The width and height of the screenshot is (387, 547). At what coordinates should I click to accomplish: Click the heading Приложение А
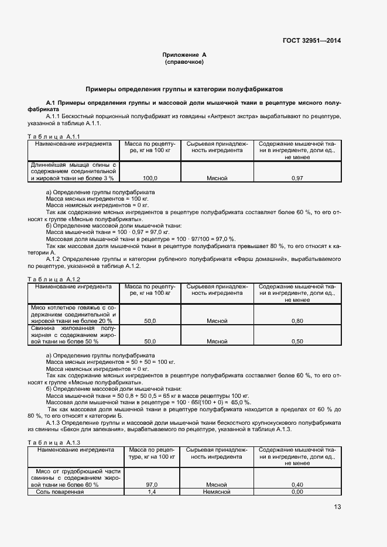pos(184,54)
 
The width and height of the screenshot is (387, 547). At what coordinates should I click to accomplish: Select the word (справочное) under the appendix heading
pos(184,61)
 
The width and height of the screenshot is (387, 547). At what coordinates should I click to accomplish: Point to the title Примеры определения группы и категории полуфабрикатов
pos(184,90)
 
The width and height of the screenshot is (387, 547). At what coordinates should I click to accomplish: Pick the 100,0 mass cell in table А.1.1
pos(150,177)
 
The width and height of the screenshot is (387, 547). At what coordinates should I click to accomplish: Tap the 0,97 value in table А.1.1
pos(297,177)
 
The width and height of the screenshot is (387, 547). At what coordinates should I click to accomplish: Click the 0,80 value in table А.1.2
pos(297,321)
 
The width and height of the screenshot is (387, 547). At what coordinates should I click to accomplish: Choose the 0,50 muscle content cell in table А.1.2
pos(297,341)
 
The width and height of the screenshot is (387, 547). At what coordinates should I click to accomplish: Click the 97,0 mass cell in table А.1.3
pos(150,484)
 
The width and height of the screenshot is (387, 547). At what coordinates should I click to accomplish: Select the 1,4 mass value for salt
pos(150,491)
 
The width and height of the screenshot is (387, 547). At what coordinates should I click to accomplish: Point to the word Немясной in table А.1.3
pos(217,491)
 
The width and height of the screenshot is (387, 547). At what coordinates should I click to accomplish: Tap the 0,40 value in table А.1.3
pos(297,484)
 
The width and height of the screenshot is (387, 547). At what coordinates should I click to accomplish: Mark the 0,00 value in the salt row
pos(297,491)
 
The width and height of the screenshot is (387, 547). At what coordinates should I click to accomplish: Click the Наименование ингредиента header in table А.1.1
pos(73,143)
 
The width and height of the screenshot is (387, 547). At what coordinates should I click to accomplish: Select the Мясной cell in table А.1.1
pos(217,177)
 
